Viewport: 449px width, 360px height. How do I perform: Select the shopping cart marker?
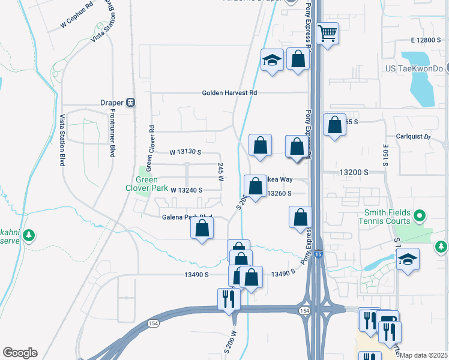tap(328, 34)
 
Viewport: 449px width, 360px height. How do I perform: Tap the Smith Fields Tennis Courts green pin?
tap(420, 215)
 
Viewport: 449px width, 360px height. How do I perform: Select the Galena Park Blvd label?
tap(187, 217)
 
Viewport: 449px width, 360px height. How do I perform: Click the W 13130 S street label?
tap(185, 152)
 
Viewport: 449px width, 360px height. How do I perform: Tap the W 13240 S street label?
tap(187, 190)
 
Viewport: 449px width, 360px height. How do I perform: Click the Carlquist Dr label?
tap(414, 136)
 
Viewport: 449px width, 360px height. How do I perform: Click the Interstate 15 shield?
tap(319, 254)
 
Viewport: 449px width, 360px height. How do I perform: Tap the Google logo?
tap(20, 353)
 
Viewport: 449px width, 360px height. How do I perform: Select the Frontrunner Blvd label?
tap(112, 135)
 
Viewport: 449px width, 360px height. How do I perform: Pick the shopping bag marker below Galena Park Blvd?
tap(202, 229)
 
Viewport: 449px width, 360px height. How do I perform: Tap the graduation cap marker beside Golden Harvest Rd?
tap(272, 61)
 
